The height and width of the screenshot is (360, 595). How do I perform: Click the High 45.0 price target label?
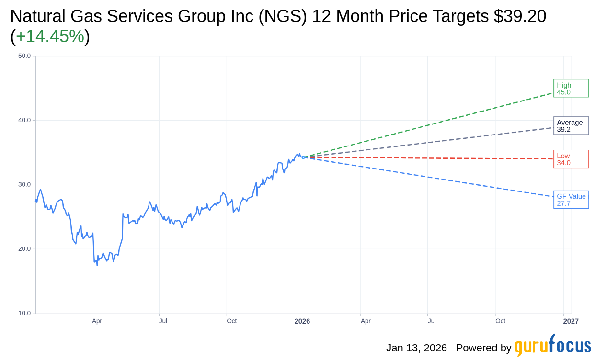click(x=571, y=88)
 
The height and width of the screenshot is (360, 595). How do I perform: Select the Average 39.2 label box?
click(x=571, y=125)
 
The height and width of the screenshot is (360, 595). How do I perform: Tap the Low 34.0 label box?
click(x=571, y=159)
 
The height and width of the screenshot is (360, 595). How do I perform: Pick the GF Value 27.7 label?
click(x=571, y=200)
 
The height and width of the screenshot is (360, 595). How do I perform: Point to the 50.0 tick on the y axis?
click(x=24, y=56)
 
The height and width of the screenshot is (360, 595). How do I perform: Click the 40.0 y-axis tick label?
click(x=24, y=120)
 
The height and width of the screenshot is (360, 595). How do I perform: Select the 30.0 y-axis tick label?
click(x=24, y=184)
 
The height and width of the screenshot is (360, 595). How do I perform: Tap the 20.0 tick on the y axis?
click(x=24, y=248)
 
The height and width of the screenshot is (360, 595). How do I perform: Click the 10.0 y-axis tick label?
click(x=24, y=313)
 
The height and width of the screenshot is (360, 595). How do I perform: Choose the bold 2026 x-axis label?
click(x=302, y=321)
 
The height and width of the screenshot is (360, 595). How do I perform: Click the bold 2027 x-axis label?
click(x=571, y=321)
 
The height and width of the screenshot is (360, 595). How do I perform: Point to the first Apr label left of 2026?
click(x=97, y=321)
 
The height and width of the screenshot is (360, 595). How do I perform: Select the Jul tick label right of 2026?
click(x=432, y=321)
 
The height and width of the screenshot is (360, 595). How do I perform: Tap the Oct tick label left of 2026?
click(x=232, y=321)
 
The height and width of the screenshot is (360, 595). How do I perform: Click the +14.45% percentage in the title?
click(x=50, y=36)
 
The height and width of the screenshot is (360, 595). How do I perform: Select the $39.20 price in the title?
click(x=520, y=16)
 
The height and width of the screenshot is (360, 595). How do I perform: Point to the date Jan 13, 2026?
click(x=416, y=348)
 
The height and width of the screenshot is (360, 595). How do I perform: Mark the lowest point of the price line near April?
click(x=97, y=265)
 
